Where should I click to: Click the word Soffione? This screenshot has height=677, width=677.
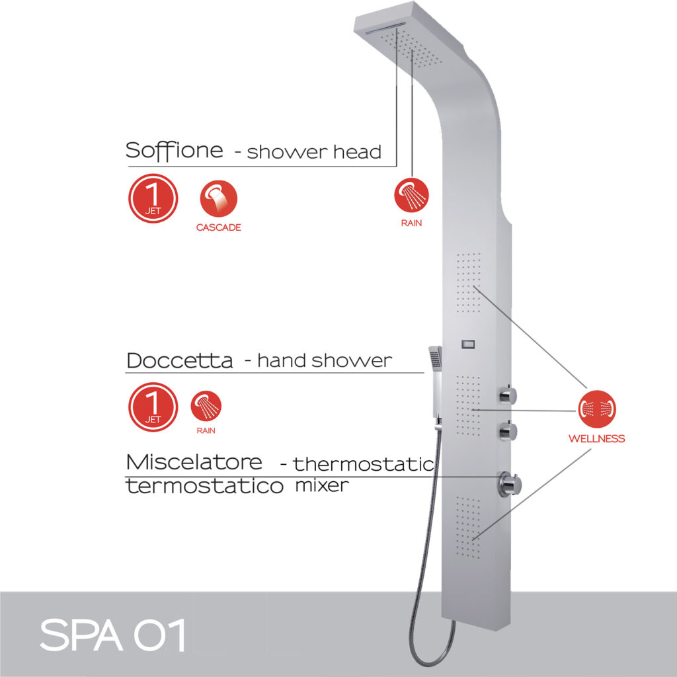[x=175, y=149]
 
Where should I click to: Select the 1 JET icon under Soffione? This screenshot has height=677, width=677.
[x=153, y=198]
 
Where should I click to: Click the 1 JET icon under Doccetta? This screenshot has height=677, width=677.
[x=153, y=407]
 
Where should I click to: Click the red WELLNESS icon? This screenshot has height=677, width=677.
[x=597, y=409]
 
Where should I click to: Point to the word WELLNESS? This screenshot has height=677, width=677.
[x=596, y=438]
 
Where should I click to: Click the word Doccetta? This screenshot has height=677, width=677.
[x=179, y=361]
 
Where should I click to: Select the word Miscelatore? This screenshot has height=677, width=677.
[x=194, y=461]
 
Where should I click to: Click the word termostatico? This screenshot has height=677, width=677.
[x=204, y=487]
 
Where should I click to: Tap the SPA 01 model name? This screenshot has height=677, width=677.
[x=111, y=635]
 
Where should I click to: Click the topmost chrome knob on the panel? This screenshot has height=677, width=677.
[x=507, y=395]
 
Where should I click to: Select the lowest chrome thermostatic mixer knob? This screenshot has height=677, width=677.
[x=508, y=483]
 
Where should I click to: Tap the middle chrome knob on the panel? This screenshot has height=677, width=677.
[x=507, y=432]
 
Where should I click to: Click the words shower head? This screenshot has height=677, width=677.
[x=315, y=152]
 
